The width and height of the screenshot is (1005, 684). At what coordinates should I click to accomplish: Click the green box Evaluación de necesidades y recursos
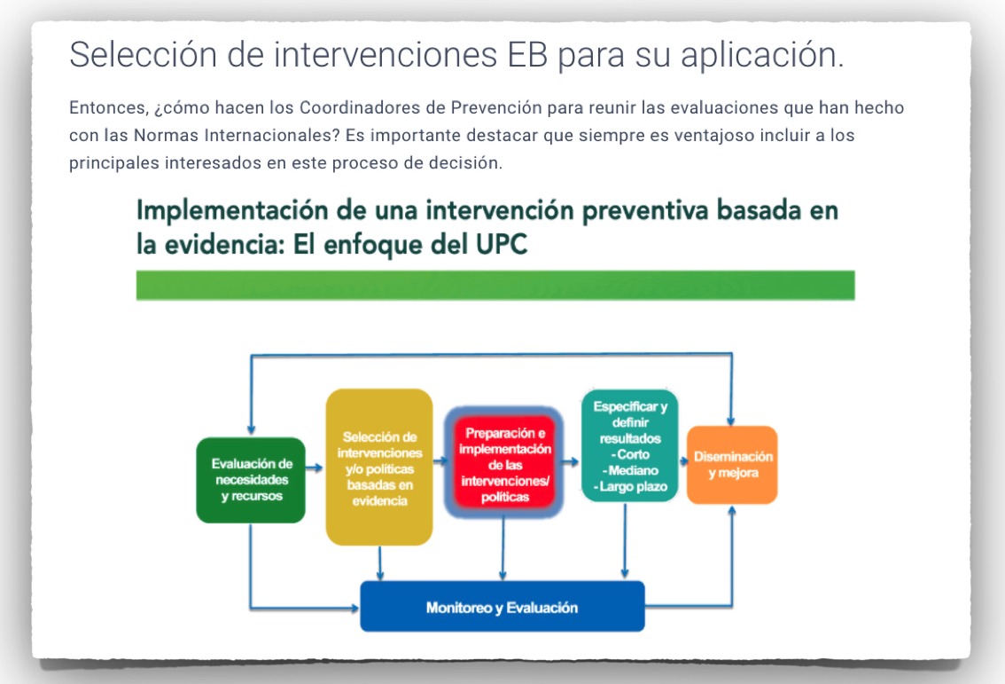pos(251,480)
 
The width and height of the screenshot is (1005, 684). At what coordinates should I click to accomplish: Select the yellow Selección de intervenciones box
pos(379,468)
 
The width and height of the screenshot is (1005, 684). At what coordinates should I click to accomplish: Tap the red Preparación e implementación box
pos(504,463)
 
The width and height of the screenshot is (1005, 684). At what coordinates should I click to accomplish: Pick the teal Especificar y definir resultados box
pos(629,445)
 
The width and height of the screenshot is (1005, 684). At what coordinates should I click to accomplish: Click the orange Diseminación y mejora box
pos(732,465)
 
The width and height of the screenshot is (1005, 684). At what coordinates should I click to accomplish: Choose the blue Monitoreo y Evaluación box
pos(502,606)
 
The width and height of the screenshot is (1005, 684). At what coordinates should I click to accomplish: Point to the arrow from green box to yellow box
pos(314,468)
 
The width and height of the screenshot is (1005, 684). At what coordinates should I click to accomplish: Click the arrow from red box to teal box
pos(570,461)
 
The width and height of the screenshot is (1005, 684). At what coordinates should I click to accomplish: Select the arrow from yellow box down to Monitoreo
pos(380,563)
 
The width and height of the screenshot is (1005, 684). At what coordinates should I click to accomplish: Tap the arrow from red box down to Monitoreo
pos(503,548)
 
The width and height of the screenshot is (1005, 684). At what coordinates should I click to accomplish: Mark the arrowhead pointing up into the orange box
pos(732,510)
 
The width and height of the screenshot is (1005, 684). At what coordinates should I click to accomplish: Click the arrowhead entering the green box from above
pos(251,430)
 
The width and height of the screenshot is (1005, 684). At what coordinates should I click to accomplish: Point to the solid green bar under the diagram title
pos(495,285)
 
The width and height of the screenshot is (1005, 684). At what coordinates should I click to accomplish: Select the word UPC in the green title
pos(502,245)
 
